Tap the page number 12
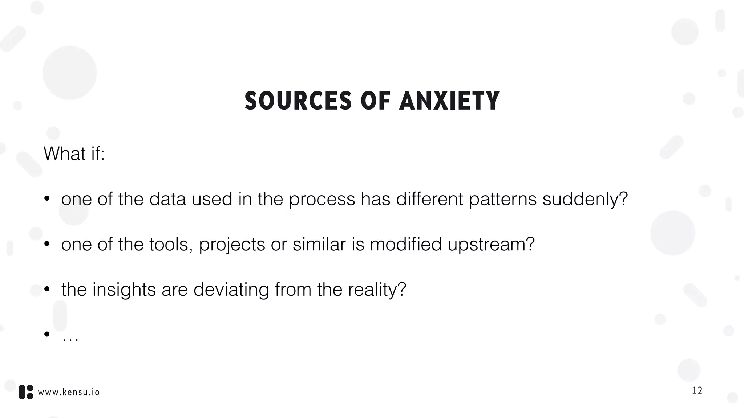pos(697,390)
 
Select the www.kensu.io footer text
pos(69,392)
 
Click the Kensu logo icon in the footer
pos(26,392)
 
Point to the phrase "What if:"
pos(74,153)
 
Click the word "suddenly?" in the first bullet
pos(585,199)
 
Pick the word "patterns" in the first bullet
pos(502,200)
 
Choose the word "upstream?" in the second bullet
pos(491,245)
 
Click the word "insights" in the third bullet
pos(124,290)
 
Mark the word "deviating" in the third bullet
pos(231,290)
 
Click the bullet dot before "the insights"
pos(46,289)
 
